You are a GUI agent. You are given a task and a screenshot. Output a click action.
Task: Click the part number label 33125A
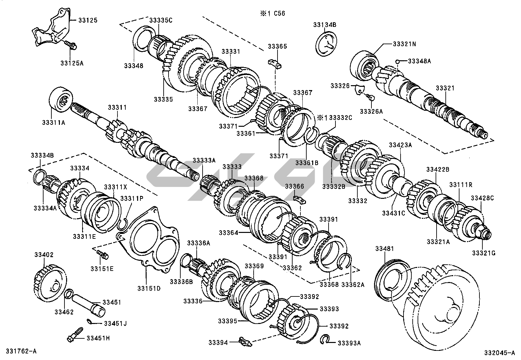(x=72, y=63)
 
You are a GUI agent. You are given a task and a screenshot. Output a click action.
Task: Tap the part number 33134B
(x=325, y=25)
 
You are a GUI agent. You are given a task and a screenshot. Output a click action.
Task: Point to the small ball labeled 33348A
(x=397, y=61)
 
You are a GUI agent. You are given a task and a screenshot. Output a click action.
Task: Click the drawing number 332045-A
(x=502, y=353)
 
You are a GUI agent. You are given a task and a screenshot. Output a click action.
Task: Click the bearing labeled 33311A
(x=61, y=99)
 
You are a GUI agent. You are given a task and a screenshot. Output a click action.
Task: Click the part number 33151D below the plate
(x=149, y=288)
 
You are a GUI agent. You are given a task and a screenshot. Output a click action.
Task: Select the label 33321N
(x=404, y=44)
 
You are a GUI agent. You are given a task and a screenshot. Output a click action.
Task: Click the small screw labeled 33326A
(x=370, y=97)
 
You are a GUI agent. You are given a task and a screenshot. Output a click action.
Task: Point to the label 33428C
(x=482, y=198)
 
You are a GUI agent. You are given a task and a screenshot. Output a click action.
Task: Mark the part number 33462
(x=64, y=312)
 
